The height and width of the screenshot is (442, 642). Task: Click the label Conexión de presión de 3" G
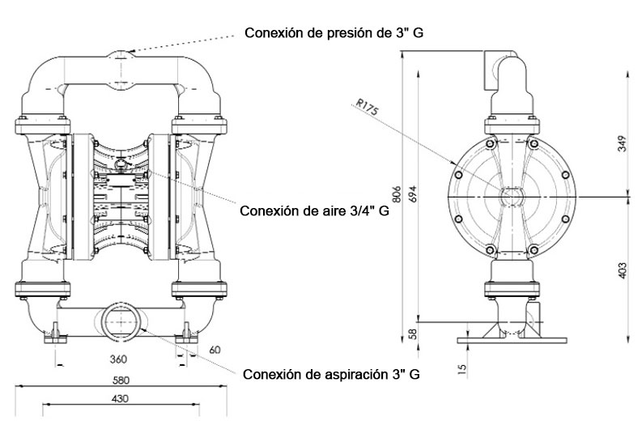tap(334, 32)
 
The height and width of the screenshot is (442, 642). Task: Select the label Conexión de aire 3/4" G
tap(314, 211)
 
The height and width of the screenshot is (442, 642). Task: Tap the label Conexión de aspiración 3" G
tap(331, 375)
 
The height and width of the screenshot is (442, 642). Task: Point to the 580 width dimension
tap(121, 380)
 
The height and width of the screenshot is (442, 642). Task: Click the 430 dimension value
tap(120, 398)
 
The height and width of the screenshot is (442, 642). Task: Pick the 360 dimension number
tap(118, 359)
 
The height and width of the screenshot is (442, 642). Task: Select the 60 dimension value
tap(215, 350)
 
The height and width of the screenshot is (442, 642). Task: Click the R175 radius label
tap(368, 107)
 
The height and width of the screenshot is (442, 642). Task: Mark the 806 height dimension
tap(397, 194)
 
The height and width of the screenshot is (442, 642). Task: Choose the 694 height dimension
tap(413, 194)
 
